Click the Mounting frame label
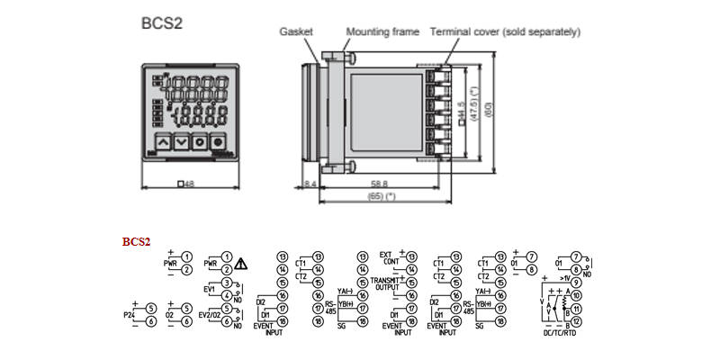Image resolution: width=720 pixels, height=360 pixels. click(382, 31)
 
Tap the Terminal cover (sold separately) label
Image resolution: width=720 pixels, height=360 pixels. click(505, 31)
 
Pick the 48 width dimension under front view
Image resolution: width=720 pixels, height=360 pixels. click(189, 184)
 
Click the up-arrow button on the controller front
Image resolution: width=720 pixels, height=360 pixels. click(161, 140)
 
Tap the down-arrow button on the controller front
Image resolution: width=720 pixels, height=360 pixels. click(181, 140)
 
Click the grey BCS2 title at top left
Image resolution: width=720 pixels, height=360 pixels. click(162, 23)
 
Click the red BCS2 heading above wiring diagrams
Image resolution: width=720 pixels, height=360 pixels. click(136, 241)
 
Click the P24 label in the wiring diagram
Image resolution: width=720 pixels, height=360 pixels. click(129, 315)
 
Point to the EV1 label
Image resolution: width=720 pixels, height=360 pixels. click(211, 290)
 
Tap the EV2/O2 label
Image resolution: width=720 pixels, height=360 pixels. click(210, 315)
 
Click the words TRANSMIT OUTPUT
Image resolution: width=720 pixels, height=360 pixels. click(386, 284)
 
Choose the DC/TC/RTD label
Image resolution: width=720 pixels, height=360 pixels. click(558, 334)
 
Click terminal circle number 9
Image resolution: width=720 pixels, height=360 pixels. click(576, 283)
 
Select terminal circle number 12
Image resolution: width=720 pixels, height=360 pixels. click(576, 321)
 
